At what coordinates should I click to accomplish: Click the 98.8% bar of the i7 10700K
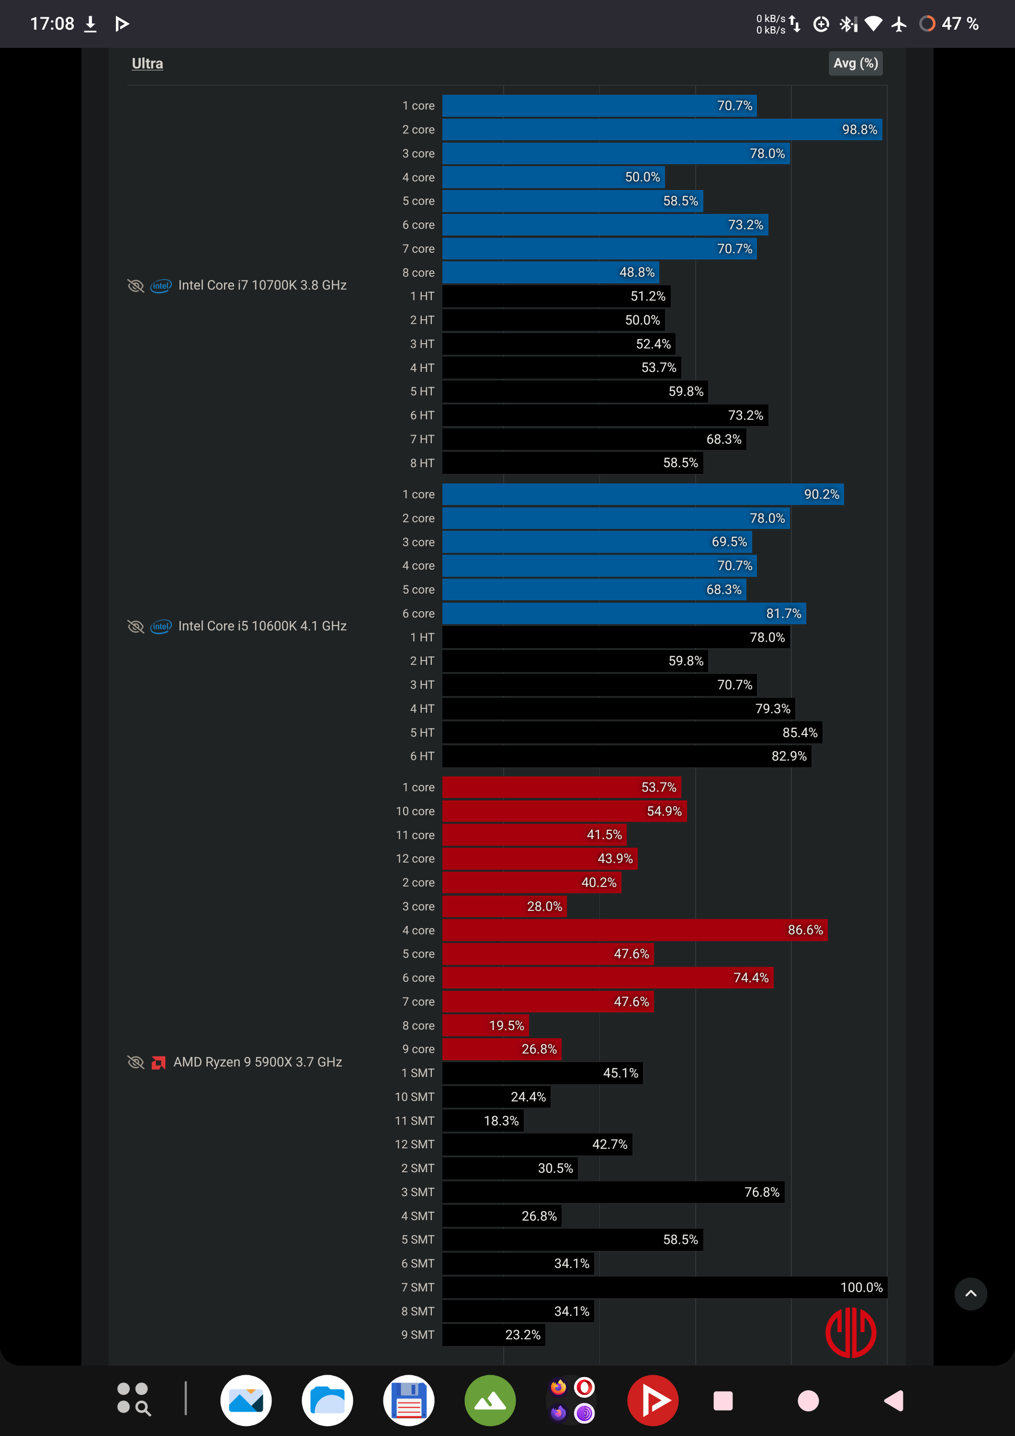pos(662,129)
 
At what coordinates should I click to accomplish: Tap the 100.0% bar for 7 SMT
pos(664,1287)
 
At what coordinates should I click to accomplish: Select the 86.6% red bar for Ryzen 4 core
pos(635,930)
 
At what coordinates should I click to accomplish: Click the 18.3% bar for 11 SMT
pos(483,1121)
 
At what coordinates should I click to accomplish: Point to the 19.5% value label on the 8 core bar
pos(507,1026)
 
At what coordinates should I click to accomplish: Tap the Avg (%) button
pos(856,63)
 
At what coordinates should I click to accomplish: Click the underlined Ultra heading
pos(147,63)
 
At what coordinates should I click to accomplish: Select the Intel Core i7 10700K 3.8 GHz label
pos(262,285)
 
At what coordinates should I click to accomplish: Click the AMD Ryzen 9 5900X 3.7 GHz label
pos(258,1062)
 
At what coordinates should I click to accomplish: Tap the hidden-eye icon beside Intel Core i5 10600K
pos(135,626)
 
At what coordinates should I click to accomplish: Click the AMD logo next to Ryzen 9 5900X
pos(159,1063)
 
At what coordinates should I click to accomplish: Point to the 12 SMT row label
pos(415,1144)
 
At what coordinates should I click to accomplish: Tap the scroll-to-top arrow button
pos(970,1294)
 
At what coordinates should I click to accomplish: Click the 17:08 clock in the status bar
pos(52,24)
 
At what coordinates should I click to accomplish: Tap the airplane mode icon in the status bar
pos(899,24)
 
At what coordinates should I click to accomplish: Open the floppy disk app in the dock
pos(409,1401)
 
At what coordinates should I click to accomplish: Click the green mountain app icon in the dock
pos(490,1401)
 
